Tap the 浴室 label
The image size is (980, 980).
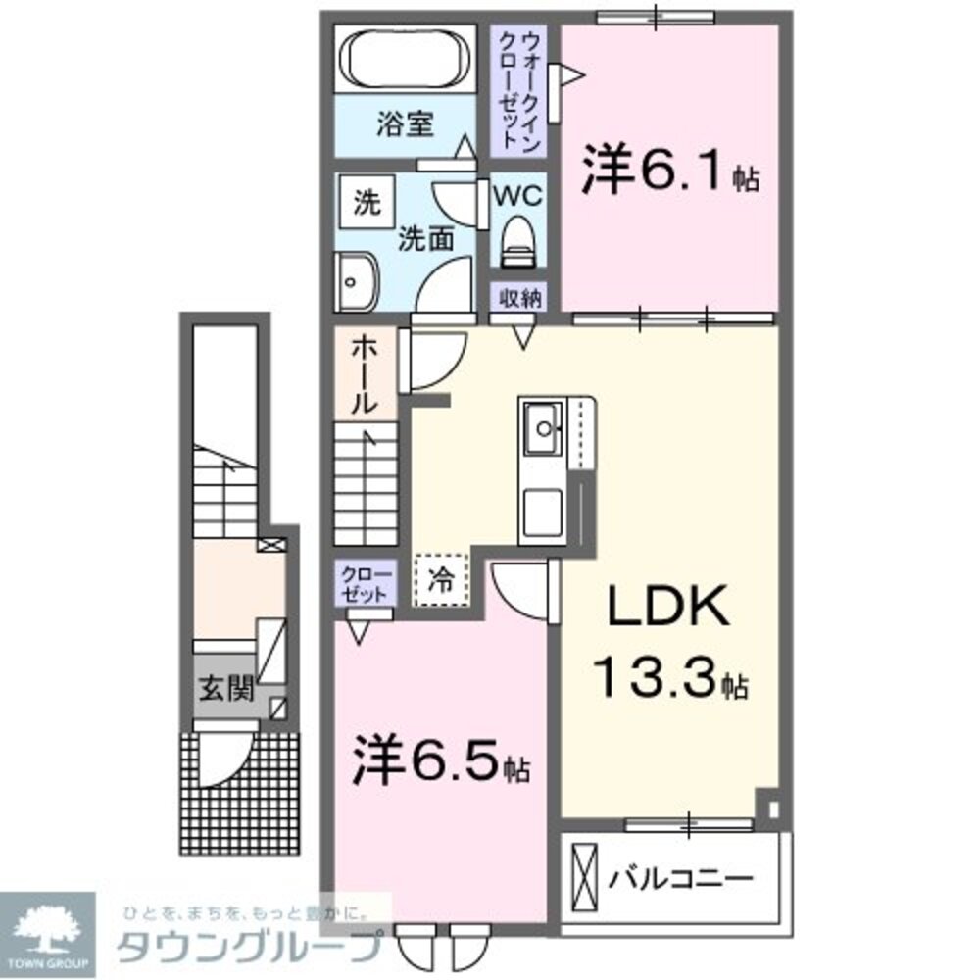[406, 125]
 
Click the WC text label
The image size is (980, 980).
[516, 194]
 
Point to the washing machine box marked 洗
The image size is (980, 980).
[366, 203]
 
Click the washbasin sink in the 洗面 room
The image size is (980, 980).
[355, 281]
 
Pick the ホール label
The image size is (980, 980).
[363, 372]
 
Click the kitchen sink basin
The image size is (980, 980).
[542, 427]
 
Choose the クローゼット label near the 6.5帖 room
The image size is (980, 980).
[366, 584]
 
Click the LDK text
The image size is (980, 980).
[668, 609]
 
